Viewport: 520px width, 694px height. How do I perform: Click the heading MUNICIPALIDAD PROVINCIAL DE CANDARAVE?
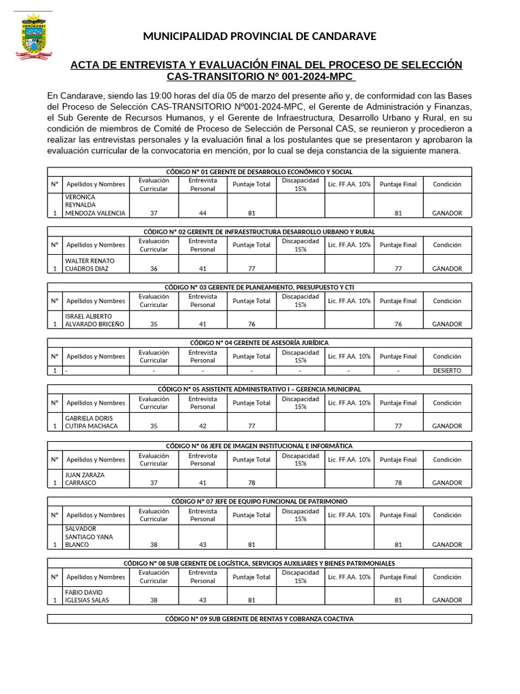coord(259,37)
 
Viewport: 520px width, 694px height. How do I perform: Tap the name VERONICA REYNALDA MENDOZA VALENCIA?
coord(95,205)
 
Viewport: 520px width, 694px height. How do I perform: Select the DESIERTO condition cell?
coord(447,371)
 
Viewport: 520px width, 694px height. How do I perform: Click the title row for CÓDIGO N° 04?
coord(259,343)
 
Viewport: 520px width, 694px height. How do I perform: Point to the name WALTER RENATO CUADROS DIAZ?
coord(89,264)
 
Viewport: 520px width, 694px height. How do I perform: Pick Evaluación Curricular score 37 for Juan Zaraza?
coord(154,483)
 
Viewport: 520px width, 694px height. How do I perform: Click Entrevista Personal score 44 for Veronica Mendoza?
coord(202,213)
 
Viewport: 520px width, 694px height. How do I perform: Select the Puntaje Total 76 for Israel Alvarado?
coord(251,324)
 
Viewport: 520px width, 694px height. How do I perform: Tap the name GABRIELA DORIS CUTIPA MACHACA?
coord(91,422)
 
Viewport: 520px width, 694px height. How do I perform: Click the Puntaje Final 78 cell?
coord(398,483)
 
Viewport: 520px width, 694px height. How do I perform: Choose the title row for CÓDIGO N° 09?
coord(259,619)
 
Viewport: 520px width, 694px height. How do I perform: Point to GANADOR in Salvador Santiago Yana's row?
coord(447,544)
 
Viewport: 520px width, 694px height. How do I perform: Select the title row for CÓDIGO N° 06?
coord(259,446)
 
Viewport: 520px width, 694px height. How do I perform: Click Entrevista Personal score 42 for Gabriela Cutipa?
coord(202,426)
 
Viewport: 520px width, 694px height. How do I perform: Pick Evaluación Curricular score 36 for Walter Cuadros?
coord(154,268)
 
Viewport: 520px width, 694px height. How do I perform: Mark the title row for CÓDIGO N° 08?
coord(259,563)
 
